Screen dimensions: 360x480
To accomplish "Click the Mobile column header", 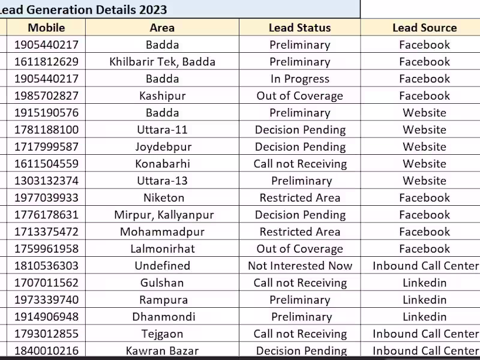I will pos(46,28).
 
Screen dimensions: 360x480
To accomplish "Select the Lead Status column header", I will pos(299,28).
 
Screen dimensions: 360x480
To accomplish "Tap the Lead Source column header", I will pos(424,28).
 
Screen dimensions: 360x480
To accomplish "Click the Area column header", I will pos(162,28).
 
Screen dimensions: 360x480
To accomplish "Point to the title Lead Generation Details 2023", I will pos(84,10).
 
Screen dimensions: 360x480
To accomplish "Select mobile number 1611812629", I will pos(46,62).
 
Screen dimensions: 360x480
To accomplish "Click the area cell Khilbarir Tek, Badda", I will pos(162,62).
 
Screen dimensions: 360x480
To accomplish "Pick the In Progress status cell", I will pos(299,79).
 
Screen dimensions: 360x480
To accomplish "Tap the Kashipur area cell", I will pos(162,96).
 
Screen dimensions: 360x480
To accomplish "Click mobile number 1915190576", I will pos(46,113).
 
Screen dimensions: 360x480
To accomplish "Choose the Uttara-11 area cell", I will pos(162,130).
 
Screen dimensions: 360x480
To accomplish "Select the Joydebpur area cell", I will pos(162,147).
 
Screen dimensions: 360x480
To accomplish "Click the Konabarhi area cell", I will pos(162,164).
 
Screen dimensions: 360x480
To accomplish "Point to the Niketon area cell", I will pos(162,198).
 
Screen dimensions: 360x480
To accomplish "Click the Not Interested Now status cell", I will pos(300,266).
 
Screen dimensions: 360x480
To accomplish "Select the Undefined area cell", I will pos(162,266).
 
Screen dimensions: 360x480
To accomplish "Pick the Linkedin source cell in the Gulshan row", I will pos(424,283).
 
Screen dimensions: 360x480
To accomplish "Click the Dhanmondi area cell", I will pos(162,317).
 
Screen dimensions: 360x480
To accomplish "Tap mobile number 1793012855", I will pos(46,334).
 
